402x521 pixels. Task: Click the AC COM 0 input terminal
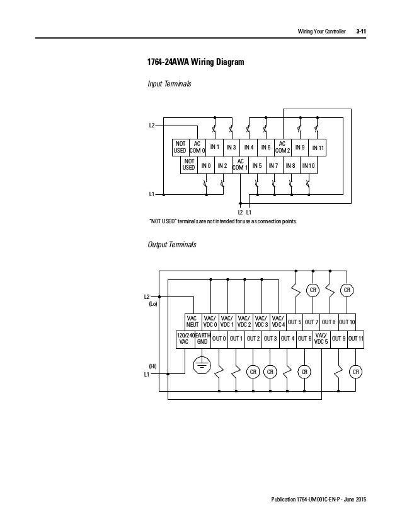(x=197, y=148)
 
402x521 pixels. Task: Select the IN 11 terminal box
(x=317, y=148)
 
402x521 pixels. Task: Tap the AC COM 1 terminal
(x=240, y=165)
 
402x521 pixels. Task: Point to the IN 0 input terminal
(x=205, y=166)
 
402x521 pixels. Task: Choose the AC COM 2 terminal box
(x=282, y=148)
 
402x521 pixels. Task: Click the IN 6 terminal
(x=265, y=148)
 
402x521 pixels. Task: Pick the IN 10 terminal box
(x=309, y=166)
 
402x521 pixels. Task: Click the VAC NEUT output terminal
(x=192, y=322)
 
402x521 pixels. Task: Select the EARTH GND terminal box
(x=202, y=339)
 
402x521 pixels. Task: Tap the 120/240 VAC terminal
(x=184, y=339)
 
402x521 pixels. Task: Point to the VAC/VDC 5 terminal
(x=321, y=339)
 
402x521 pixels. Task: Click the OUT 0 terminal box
(x=219, y=339)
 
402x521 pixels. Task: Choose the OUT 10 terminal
(x=347, y=322)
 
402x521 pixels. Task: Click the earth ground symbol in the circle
(x=202, y=364)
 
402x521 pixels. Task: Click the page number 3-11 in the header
(x=362, y=31)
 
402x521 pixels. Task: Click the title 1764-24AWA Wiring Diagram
(x=192, y=63)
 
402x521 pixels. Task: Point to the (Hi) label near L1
(x=152, y=366)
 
